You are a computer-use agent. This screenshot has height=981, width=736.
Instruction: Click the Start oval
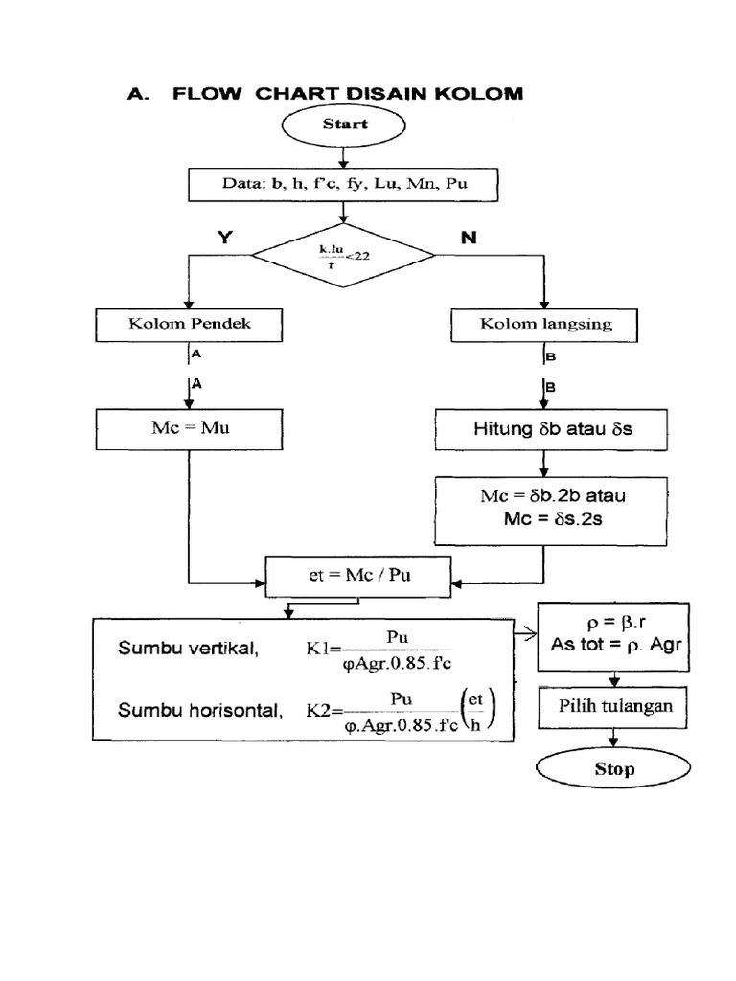344,125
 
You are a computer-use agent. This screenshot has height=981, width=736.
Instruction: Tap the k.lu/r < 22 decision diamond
343,255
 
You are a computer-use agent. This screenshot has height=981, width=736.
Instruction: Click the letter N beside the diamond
469,239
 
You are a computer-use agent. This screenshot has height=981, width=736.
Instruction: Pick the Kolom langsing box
545,324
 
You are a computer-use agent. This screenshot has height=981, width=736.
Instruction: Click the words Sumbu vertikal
188,649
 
